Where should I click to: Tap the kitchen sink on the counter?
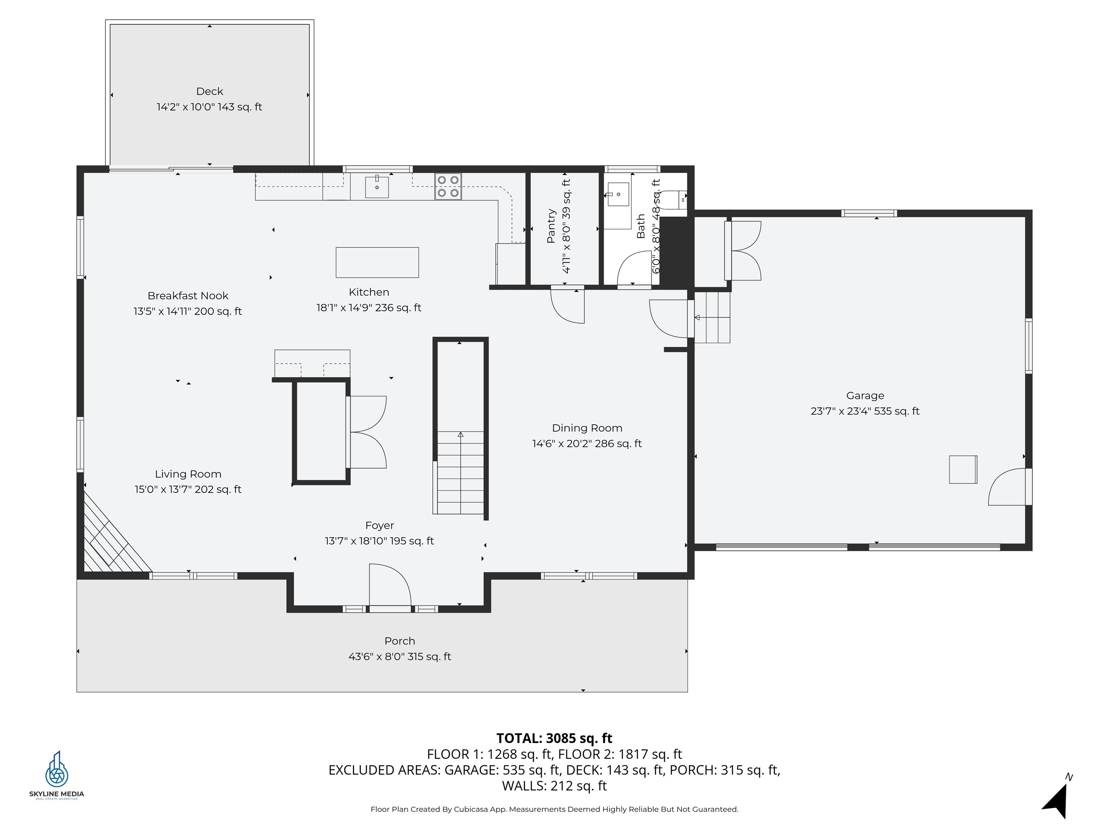click(377, 187)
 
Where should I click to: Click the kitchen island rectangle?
click(377, 262)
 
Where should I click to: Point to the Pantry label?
click(551, 226)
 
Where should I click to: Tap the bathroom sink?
click(618, 195)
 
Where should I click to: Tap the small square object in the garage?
click(962, 469)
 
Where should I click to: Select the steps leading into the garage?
click(712, 317)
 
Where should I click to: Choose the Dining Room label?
click(587, 428)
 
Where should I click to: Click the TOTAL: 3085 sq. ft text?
click(554, 738)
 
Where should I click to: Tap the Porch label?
click(400, 641)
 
